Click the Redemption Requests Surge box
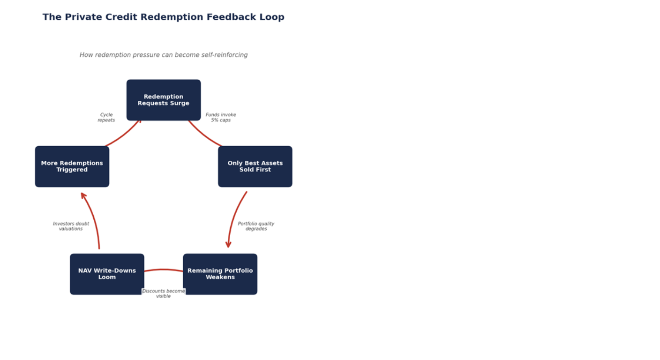click(164, 100)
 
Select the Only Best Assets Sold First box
click(255, 166)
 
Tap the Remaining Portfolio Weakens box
click(220, 274)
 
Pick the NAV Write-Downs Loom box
click(107, 274)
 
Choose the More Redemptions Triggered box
click(72, 166)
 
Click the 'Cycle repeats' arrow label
click(106, 118)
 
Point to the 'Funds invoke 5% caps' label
click(221, 118)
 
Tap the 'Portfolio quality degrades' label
click(256, 226)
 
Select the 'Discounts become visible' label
click(164, 294)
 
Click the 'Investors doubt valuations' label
click(71, 226)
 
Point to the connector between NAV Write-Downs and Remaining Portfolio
click(164, 270)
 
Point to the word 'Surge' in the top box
click(180, 104)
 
